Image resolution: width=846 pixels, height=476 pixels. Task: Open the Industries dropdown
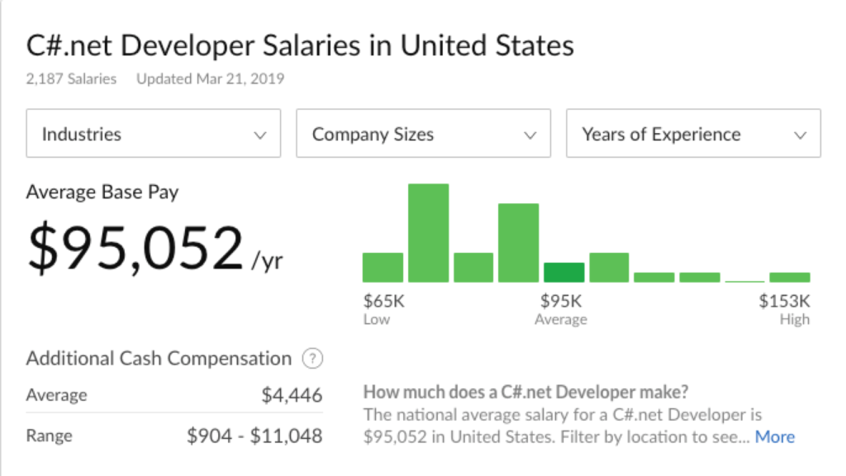tap(154, 134)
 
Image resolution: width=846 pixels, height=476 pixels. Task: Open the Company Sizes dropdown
tap(423, 134)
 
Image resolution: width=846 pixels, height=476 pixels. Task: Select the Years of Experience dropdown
tap(693, 134)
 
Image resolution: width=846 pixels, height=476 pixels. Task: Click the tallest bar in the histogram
tap(428, 233)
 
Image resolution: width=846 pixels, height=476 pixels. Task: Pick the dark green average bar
tap(563, 273)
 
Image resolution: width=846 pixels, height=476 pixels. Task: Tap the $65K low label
tap(384, 301)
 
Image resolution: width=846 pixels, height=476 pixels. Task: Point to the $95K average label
tap(561, 301)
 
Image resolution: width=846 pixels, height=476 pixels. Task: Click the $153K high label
tap(785, 301)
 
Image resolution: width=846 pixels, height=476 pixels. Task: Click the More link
tap(775, 437)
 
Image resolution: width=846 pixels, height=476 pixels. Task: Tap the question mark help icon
tap(311, 359)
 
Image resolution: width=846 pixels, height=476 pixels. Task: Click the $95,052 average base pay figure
tap(135, 249)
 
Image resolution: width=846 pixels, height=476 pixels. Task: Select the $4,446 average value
tap(292, 396)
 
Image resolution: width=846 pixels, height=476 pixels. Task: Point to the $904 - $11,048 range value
tap(254, 436)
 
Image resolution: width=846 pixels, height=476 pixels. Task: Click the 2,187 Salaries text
tap(71, 79)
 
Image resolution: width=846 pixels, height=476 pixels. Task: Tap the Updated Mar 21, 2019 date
tap(210, 79)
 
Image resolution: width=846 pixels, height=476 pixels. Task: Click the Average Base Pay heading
tap(102, 193)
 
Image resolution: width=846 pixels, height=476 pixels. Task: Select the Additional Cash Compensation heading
tap(159, 359)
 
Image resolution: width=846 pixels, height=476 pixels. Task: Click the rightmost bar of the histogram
tap(790, 278)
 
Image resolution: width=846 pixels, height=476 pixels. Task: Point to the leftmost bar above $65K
tap(383, 268)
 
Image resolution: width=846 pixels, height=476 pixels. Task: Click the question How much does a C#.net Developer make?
tap(525, 392)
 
